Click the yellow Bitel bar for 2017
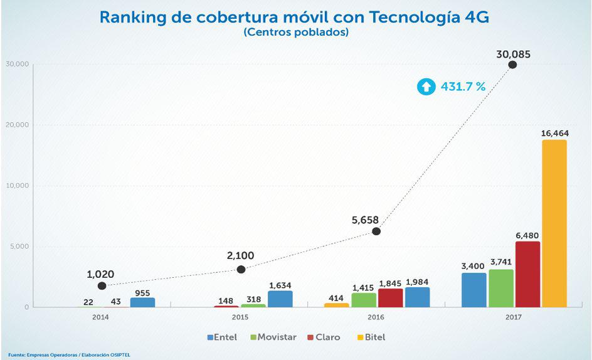click(554, 223)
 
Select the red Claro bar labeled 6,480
click(527, 274)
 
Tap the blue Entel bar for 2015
click(280, 299)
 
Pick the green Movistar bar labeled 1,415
click(364, 300)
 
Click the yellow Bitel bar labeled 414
click(337, 305)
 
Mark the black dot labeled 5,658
click(376, 231)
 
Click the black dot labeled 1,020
click(102, 286)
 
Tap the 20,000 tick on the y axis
click(18, 125)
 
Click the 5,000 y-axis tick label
click(19, 246)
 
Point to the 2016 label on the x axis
click(376, 318)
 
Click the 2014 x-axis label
click(100, 318)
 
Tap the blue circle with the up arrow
click(426, 87)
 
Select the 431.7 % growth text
click(463, 87)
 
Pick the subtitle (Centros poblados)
click(295, 33)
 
